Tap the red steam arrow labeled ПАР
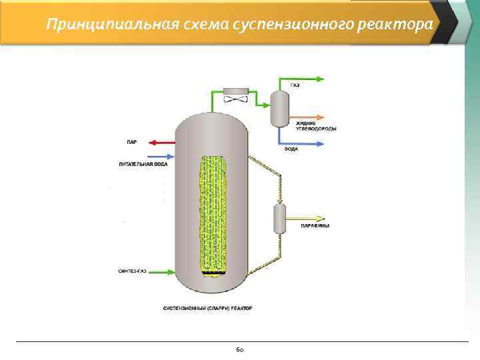161,142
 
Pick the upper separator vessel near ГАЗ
279,107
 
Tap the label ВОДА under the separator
291,149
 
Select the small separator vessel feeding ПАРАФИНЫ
279,218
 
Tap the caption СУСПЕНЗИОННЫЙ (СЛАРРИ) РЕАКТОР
208,308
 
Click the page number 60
240,349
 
